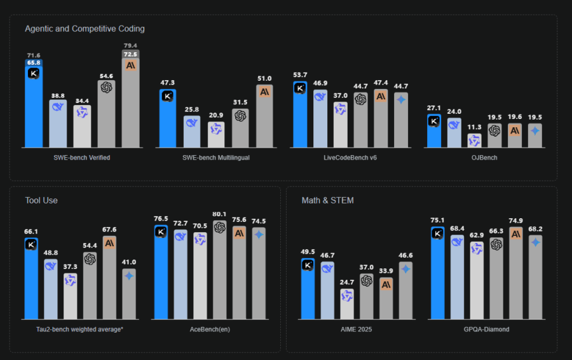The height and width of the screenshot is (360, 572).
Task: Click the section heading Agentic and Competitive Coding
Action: click(85, 29)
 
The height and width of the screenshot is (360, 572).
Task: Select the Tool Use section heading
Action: click(41, 200)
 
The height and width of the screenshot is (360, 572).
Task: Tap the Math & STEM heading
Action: click(327, 200)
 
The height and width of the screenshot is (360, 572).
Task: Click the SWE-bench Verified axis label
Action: click(83, 157)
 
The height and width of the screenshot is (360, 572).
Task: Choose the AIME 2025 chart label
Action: click(356, 329)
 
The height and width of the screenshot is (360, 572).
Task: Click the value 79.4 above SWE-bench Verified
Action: click(130, 46)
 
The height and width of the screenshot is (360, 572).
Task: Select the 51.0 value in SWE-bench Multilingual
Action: click(264, 79)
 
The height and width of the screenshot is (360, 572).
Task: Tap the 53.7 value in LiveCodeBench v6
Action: click(300, 75)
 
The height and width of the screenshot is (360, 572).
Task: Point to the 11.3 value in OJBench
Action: click(474, 127)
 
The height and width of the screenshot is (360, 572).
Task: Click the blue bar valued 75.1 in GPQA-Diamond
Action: click(437, 273)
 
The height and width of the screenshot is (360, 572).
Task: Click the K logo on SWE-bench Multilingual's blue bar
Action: click(167, 97)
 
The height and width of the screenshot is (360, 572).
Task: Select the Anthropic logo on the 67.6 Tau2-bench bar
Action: click(109, 243)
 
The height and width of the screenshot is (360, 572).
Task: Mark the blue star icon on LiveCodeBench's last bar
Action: click(400, 99)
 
